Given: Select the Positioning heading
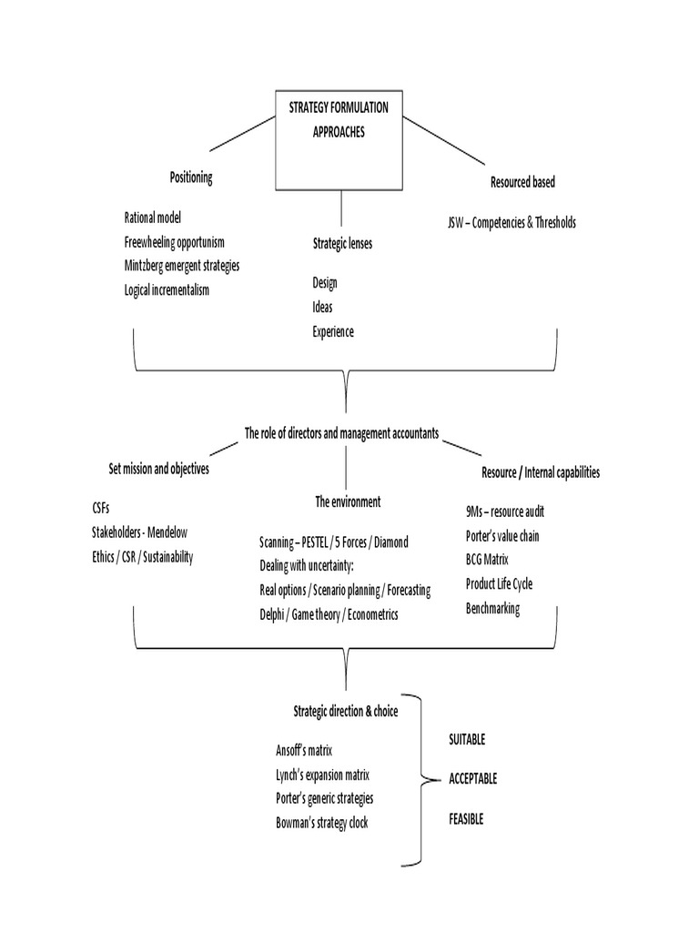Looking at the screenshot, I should (191, 177).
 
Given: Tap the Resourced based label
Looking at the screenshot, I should (522, 182).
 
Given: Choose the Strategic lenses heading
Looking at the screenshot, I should (341, 244).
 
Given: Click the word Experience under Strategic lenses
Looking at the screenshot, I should (332, 332).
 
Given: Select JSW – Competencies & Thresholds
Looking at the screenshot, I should (512, 222).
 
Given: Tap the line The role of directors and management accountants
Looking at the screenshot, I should (341, 434).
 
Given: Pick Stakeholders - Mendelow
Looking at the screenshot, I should (139, 533).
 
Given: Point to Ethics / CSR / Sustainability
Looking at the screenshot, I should (143, 557).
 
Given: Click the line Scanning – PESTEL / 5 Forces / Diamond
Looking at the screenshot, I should (334, 542).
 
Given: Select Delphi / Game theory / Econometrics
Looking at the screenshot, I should (329, 614).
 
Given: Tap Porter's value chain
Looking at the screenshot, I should (502, 536).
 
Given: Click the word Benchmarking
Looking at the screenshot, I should (492, 609).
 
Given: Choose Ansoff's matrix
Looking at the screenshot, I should (304, 751).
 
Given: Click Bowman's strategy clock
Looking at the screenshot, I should (322, 823).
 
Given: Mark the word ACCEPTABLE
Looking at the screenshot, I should (473, 779).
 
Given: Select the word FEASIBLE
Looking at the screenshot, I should (466, 819).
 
